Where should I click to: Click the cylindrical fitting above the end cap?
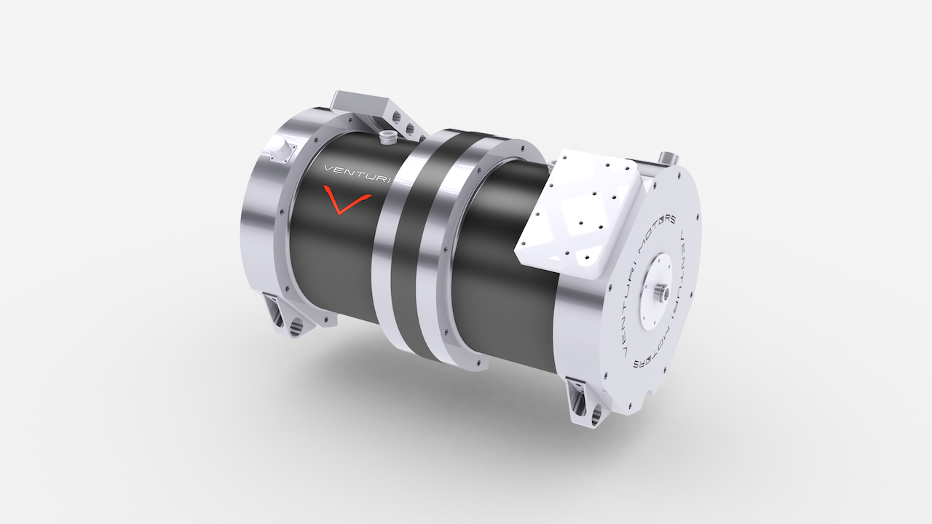(668, 158)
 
